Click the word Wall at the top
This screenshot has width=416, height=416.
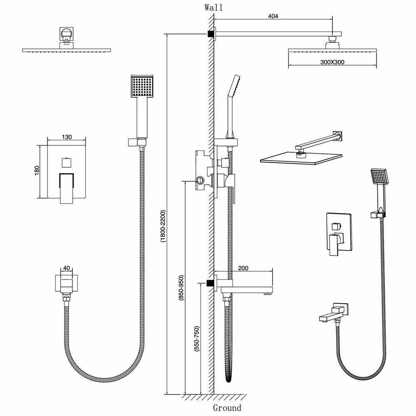point(214,7)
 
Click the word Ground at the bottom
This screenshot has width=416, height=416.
point(227,408)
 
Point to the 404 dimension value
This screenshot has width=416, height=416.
point(273,16)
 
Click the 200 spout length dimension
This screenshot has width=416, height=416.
point(243,268)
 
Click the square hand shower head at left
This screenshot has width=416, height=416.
point(143,87)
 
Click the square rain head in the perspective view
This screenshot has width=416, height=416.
point(301,158)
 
